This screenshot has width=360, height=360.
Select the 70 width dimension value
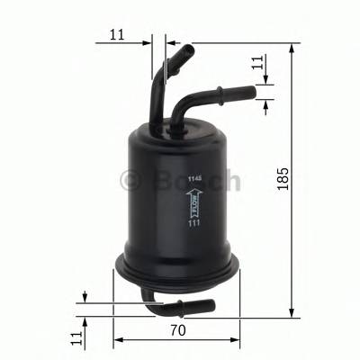click(x=177, y=331)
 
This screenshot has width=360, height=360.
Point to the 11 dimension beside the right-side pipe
click(x=257, y=63)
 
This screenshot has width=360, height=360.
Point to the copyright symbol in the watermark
click(x=131, y=181)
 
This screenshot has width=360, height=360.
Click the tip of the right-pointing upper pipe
click(x=253, y=91)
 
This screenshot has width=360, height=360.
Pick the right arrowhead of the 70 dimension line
click(x=237, y=340)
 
